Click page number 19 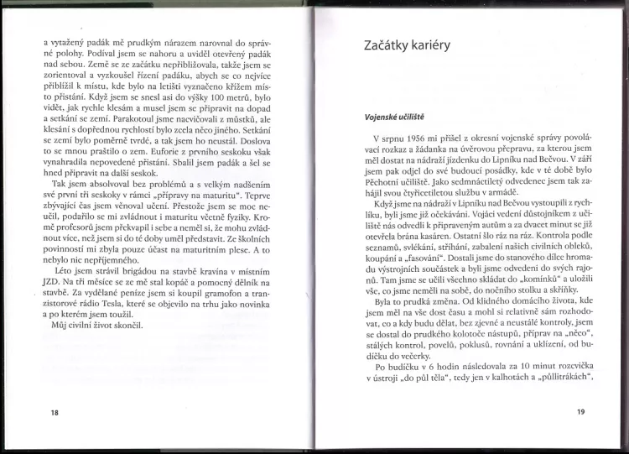point(580,412)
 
